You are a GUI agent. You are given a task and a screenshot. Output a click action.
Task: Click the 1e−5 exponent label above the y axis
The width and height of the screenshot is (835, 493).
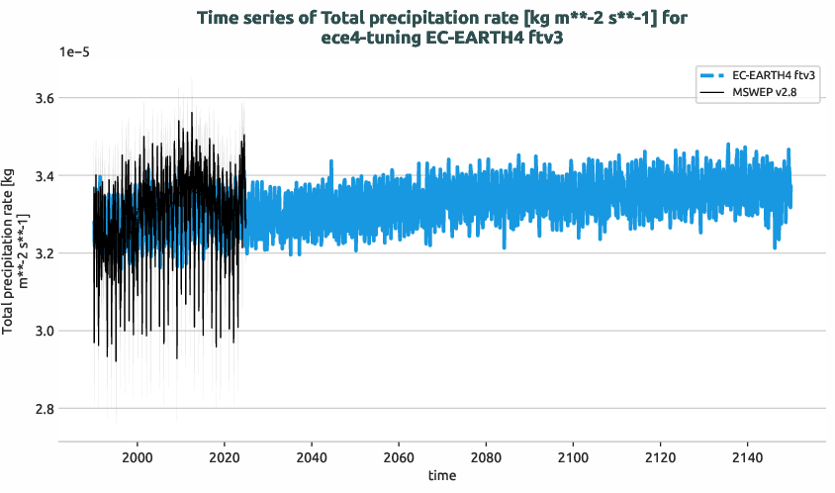(74, 52)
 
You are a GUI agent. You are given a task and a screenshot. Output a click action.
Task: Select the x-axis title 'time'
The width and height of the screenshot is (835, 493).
(442, 476)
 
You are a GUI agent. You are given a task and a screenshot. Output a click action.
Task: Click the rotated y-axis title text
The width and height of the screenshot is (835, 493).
(14, 252)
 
